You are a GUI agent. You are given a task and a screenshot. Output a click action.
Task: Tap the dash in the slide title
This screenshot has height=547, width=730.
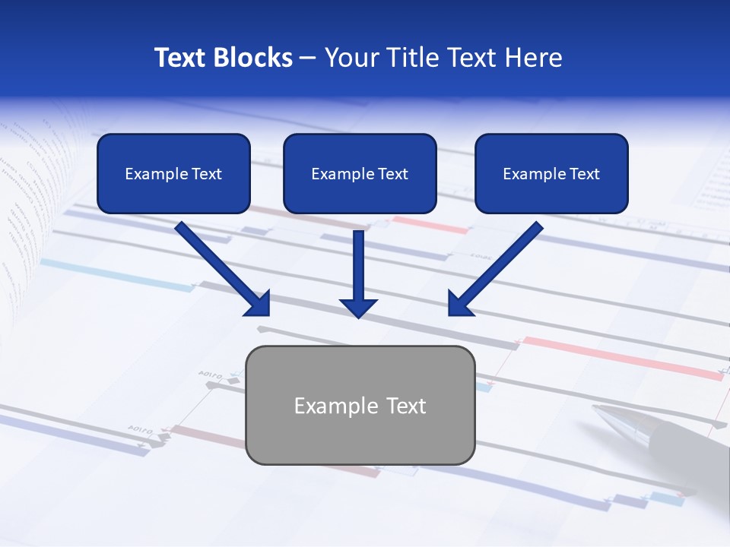click(x=307, y=58)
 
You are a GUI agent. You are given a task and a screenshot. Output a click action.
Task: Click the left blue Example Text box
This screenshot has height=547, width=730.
click(x=173, y=174)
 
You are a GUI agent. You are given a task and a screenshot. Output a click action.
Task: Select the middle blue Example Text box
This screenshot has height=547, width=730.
click(x=360, y=174)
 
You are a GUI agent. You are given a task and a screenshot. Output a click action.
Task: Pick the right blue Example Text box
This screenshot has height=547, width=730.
click(x=551, y=174)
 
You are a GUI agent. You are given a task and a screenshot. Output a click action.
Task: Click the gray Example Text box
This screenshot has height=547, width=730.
click(x=360, y=406)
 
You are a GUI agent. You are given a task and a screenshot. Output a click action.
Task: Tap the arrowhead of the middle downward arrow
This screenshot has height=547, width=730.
click(x=358, y=307)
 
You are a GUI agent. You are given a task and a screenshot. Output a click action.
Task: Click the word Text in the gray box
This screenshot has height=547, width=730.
click(x=405, y=406)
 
